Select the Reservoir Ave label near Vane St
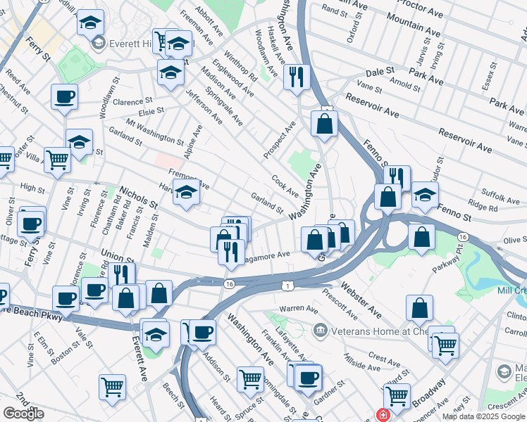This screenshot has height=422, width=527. tap(371, 107)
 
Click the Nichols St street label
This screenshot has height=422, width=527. tap(138, 197)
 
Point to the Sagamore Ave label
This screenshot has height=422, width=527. tap(268, 255)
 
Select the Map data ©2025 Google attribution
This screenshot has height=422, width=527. tap(483, 416)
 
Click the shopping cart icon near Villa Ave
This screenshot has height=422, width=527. tap(57, 160)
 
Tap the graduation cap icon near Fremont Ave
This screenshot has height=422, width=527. tap(186, 191)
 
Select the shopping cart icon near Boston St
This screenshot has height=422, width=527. tap(112, 387)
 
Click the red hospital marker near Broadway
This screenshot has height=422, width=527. tap(383, 415)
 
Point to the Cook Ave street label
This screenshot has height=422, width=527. tap(285, 186)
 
